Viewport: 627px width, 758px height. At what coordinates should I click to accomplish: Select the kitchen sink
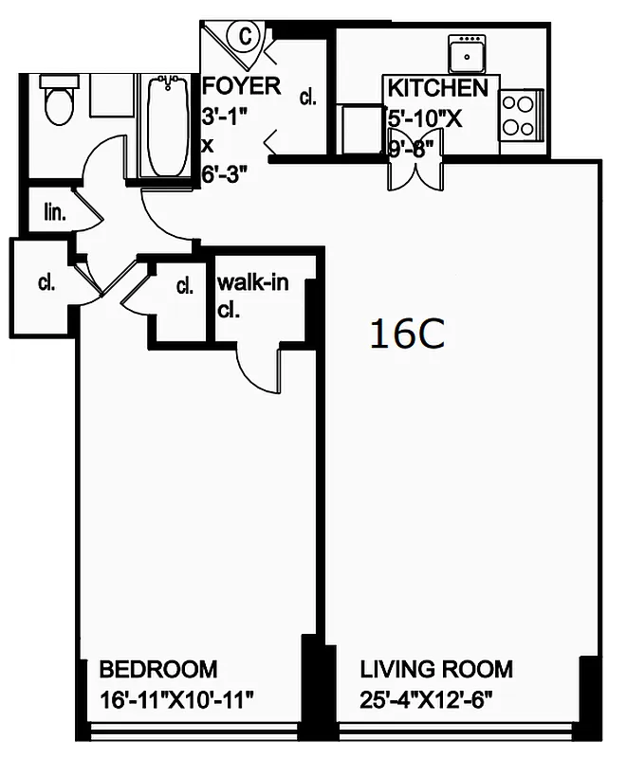468,53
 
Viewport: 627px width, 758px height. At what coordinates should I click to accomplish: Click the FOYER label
242,86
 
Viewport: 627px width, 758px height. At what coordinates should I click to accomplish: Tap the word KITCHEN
437,89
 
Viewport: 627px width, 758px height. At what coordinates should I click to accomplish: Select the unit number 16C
407,334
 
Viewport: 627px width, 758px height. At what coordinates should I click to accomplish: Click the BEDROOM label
158,671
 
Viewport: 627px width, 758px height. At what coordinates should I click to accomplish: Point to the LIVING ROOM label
436,671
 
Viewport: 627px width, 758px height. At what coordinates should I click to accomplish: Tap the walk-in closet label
252,283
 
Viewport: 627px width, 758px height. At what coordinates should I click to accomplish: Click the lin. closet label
55,212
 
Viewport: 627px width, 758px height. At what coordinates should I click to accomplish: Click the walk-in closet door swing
258,365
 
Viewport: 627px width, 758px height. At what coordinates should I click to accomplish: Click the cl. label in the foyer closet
307,97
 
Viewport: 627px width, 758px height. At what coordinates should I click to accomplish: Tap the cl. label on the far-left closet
45,281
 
